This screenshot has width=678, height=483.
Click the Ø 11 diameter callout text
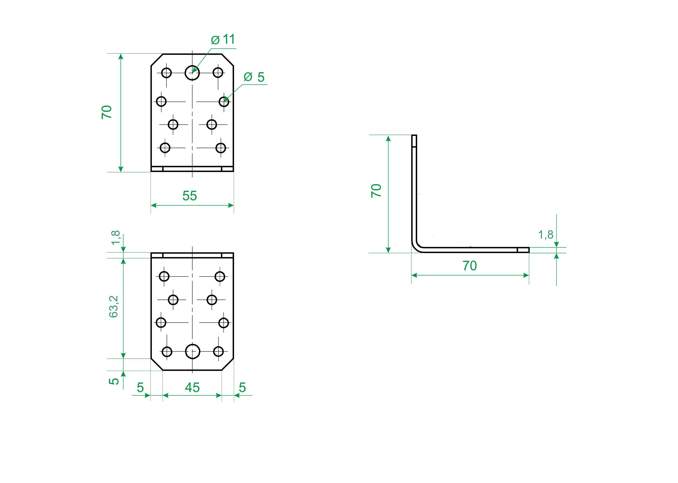point(223,39)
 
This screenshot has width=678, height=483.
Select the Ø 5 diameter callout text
point(254,77)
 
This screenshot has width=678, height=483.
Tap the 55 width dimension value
point(190,196)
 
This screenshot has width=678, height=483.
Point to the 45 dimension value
point(192,387)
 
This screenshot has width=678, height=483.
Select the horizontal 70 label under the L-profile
point(470,266)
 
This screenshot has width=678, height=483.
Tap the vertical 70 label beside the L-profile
point(376,190)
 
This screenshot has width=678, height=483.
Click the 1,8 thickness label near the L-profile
point(546,235)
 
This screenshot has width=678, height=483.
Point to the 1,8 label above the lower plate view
point(116,237)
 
